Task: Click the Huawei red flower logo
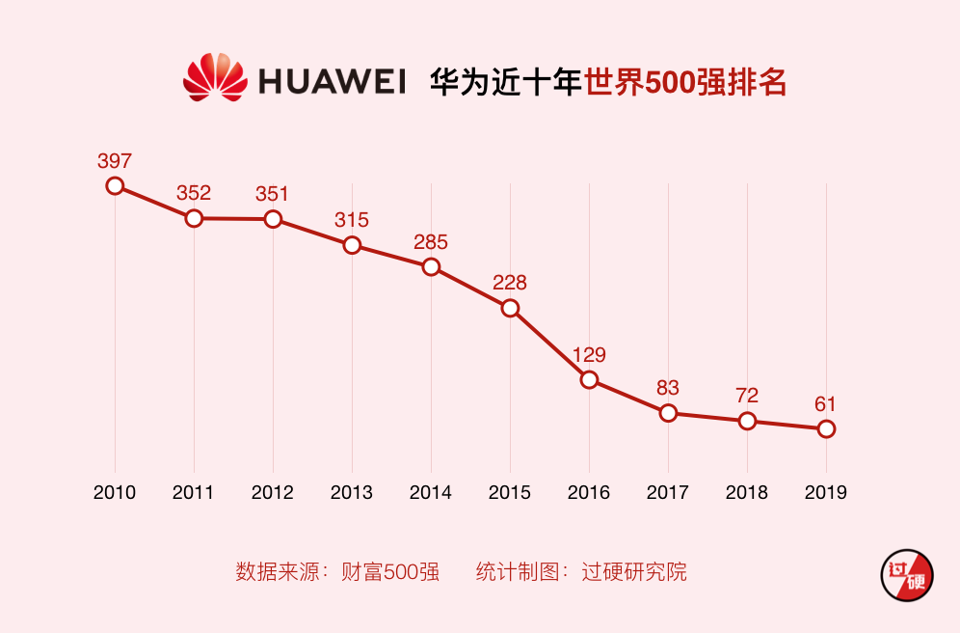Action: (x=214, y=78)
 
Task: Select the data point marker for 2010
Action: (x=115, y=185)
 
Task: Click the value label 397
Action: (x=115, y=160)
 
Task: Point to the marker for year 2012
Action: (x=273, y=219)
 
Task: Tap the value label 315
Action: (x=352, y=220)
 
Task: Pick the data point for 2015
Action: (x=510, y=308)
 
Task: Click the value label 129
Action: (x=589, y=354)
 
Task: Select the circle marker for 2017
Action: (x=668, y=413)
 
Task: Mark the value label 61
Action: (x=826, y=403)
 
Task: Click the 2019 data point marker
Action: (x=826, y=428)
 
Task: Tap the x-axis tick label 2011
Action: (x=194, y=492)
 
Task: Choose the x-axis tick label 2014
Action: (x=431, y=492)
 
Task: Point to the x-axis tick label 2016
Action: (x=589, y=492)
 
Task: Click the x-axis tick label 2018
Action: (x=747, y=492)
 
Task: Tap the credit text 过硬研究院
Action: (x=634, y=571)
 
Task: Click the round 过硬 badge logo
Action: (x=906, y=576)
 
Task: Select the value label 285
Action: (x=431, y=242)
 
